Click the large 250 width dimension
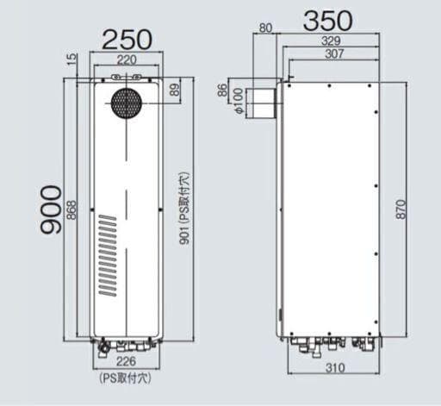tap(127, 39)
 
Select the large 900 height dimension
tap(53, 209)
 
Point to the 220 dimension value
tap(127, 60)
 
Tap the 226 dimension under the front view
tap(126, 362)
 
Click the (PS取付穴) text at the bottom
tap(126, 378)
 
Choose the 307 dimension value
tap(334, 54)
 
